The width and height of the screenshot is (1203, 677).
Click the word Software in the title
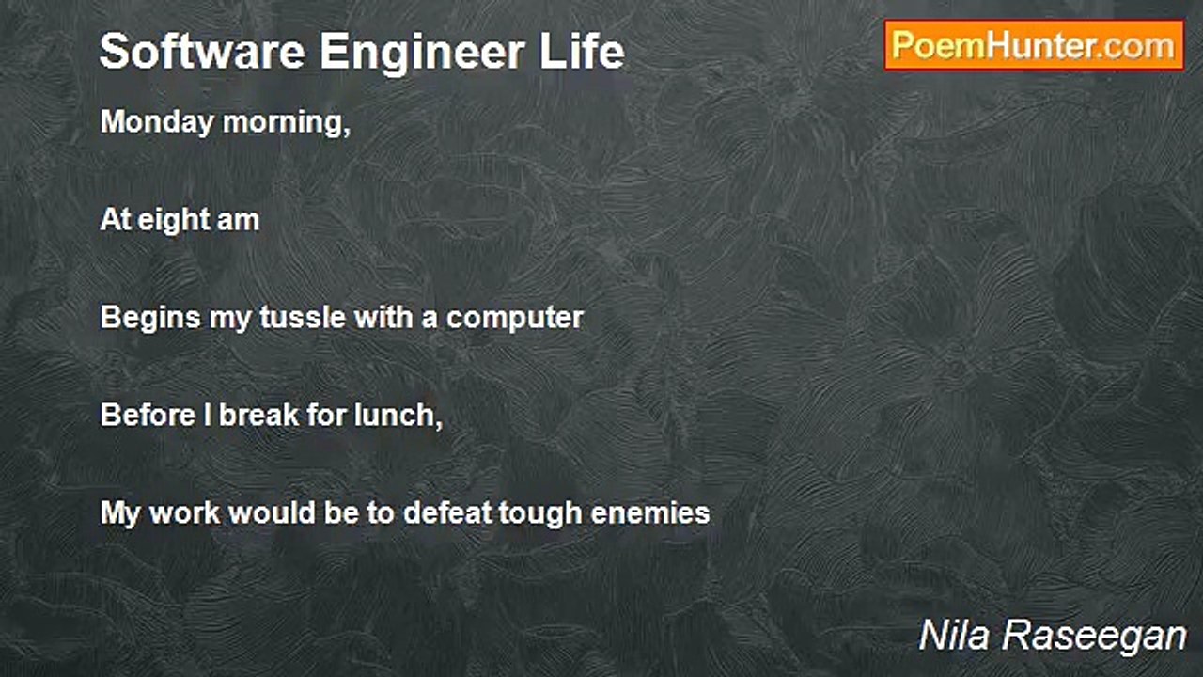[x=202, y=52]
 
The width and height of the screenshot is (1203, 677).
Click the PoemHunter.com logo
[x=1035, y=46]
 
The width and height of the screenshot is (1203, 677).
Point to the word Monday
[x=157, y=123]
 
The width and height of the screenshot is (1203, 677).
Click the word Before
[x=148, y=415]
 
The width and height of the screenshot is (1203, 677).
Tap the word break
[x=258, y=415]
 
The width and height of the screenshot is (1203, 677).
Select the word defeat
[x=448, y=512]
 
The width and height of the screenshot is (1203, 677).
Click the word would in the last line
[x=273, y=512]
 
